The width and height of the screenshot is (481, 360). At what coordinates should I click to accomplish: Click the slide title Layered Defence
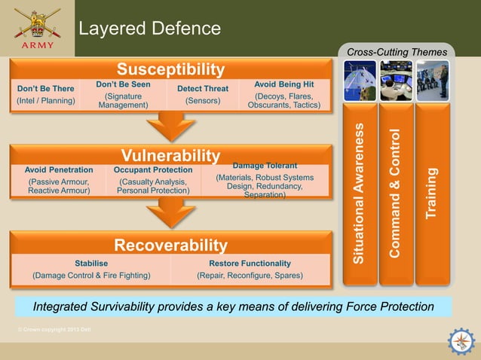150,29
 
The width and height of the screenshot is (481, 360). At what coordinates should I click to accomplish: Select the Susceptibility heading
170,70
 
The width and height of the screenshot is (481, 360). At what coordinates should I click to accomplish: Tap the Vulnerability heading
170,155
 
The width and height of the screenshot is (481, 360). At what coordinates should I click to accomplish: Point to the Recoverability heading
170,246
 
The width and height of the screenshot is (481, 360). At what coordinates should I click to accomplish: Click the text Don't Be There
45,89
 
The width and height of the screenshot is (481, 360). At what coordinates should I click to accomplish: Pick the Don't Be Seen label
123,84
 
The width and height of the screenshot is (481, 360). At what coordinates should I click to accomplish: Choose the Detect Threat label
202,89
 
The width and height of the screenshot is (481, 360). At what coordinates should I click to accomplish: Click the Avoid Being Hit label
284,84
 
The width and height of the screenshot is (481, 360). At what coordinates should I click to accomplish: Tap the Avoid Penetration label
59,170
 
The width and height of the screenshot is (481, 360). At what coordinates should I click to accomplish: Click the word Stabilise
91,263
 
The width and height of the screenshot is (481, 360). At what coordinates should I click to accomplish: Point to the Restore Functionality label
250,263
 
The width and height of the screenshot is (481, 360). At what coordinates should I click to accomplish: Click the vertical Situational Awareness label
360,192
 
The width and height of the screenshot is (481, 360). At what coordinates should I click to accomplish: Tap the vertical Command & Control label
396,194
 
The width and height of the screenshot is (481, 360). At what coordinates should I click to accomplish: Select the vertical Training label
431,194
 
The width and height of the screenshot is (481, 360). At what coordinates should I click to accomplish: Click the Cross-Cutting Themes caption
397,52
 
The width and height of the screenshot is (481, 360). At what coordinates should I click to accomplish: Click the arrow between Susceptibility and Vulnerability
170,126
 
